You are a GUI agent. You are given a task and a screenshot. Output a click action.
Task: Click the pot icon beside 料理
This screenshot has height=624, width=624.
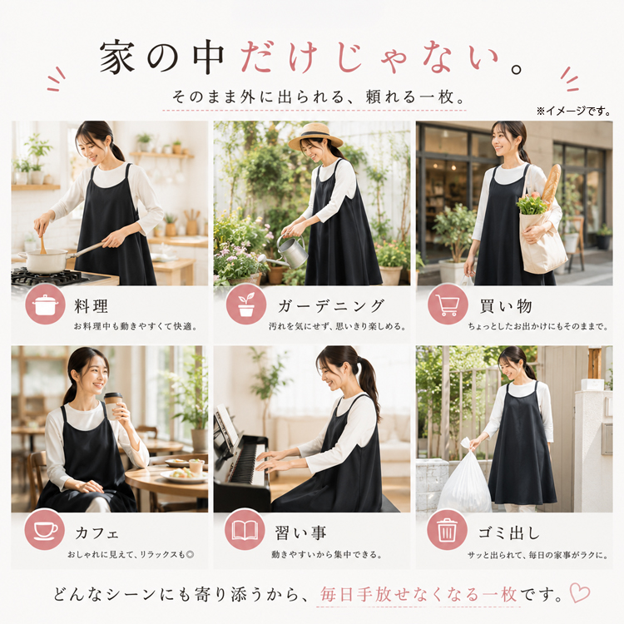click(45, 304)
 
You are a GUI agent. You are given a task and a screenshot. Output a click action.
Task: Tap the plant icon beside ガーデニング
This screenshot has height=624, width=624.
click(246, 304)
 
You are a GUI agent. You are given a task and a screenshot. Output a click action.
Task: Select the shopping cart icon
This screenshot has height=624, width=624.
click(448, 304)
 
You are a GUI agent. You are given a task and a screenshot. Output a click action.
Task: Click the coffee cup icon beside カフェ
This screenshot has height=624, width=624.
click(45, 530)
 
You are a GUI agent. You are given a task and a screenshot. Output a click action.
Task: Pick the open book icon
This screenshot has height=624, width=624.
click(245, 530)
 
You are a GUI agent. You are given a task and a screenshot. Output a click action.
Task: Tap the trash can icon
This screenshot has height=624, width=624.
click(447, 530)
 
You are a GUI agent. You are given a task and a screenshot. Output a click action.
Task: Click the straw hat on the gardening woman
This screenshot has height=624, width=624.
click(316, 136)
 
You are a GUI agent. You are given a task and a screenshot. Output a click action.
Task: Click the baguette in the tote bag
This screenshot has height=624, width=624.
click(551, 184)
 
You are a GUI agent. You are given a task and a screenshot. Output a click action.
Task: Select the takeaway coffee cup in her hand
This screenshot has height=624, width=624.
click(112, 405)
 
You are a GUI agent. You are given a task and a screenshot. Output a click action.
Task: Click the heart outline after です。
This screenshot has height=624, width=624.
click(579, 592)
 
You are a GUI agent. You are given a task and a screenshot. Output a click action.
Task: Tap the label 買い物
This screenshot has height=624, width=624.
click(506, 306)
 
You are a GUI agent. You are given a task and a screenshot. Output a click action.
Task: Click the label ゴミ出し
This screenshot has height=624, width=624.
click(509, 532)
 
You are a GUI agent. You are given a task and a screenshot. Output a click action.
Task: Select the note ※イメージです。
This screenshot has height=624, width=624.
click(573, 111)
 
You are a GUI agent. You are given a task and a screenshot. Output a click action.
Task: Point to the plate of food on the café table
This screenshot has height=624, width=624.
click(183, 475)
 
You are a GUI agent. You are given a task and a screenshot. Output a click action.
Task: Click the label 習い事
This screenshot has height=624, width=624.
click(301, 532)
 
